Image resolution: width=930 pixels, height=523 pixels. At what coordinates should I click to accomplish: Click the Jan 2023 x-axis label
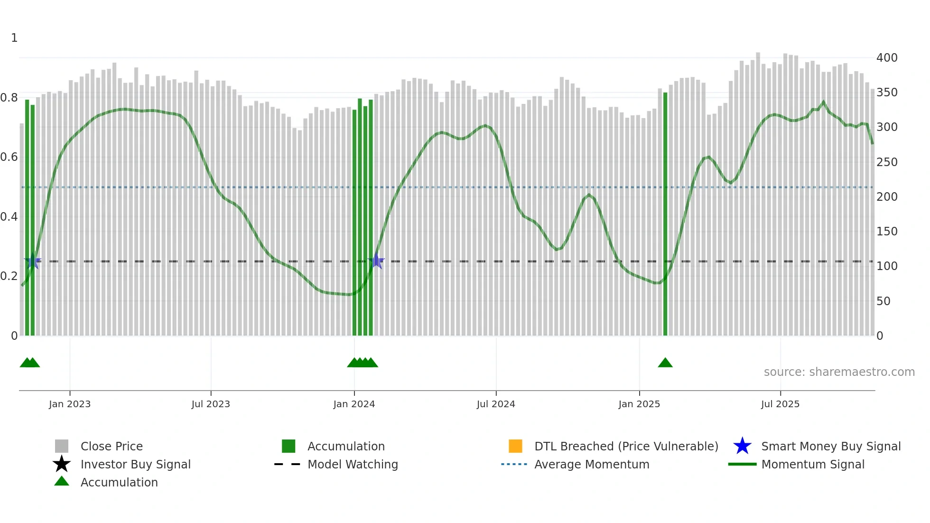tap(70, 404)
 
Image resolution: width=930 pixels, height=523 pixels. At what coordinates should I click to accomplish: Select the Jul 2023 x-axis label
tap(211, 404)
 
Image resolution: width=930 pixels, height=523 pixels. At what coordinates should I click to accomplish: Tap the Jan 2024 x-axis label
tap(354, 404)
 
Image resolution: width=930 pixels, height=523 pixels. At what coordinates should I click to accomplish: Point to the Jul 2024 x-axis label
tap(496, 404)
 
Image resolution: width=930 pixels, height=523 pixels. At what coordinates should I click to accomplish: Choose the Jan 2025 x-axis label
tap(639, 404)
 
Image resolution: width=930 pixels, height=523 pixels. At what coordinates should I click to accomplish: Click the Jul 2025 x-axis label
tap(780, 404)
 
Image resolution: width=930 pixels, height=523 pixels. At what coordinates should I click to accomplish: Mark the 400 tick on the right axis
tap(887, 58)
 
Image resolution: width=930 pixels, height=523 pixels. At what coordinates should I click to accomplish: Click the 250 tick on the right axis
tap(887, 162)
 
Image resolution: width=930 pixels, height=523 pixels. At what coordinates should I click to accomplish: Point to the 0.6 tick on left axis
tap(9, 157)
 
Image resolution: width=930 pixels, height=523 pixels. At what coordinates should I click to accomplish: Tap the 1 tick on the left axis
tap(14, 38)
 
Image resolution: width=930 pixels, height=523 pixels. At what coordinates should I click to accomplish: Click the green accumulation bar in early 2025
tap(665, 214)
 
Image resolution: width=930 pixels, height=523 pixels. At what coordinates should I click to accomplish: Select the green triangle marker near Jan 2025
tap(665, 363)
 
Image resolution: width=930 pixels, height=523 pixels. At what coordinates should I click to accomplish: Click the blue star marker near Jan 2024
tap(376, 261)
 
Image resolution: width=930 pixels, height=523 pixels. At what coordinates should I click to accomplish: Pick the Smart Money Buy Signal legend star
tap(742, 446)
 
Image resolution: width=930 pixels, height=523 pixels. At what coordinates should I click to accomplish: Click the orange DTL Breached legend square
tap(515, 446)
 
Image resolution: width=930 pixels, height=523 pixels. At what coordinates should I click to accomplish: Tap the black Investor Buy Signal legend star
tap(62, 464)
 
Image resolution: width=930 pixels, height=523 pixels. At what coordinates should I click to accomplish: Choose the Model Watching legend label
tap(353, 464)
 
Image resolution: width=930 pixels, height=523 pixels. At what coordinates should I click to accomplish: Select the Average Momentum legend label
tap(592, 464)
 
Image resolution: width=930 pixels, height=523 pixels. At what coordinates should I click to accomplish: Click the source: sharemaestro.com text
tap(839, 372)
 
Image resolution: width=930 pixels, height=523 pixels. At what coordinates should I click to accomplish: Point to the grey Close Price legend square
tap(62, 446)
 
